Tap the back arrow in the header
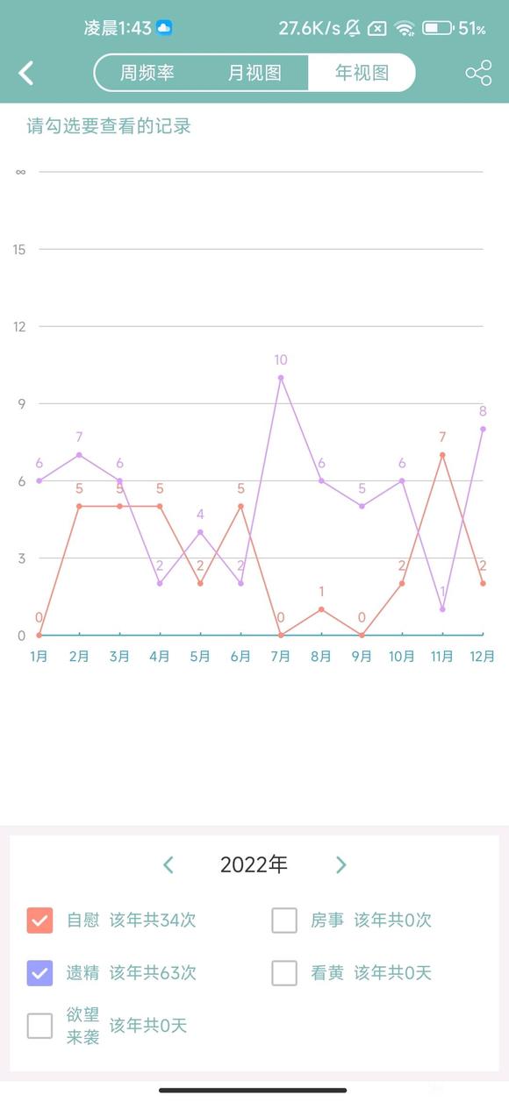[26, 73]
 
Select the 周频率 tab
[147, 73]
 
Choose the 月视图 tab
[254, 73]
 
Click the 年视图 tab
[362, 73]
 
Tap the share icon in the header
[478, 73]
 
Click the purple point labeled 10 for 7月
[281, 378]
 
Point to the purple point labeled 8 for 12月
[483, 429]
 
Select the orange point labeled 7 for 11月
[442, 455]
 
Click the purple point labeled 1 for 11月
[442, 609]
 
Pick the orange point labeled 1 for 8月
[321, 609]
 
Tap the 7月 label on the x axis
[281, 657]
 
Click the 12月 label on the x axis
[483, 657]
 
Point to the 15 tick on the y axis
[19, 250]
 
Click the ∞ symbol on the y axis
[20, 172]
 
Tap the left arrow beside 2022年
[168, 865]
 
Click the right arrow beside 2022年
[341, 865]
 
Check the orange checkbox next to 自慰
[40, 921]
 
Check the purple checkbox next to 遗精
[40, 973]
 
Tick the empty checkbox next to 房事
[284, 921]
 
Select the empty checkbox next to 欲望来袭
[40, 1026]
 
